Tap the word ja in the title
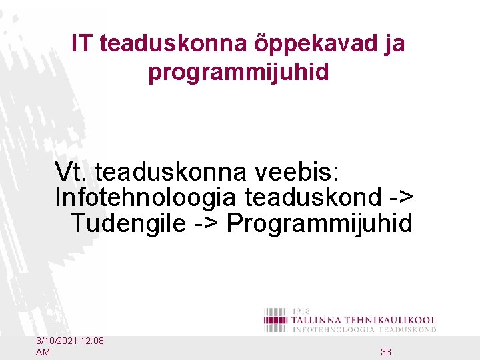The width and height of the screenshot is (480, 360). click(x=393, y=45)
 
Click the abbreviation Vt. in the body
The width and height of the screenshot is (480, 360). click(x=72, y=172)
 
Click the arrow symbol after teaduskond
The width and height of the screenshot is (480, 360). click(x=401, y=197)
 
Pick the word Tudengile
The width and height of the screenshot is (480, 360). click(x=127, y=223)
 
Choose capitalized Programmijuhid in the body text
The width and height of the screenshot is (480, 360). click(x=319, y=223)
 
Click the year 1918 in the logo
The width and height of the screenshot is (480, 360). click(x=302, y=311)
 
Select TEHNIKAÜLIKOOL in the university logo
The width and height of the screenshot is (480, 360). click(x=393, y=321)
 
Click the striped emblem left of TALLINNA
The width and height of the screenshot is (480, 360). click(x=276, y=320)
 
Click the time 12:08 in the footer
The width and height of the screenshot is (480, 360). click(x=92, y=341)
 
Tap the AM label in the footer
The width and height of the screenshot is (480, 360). click(x=43, y=352)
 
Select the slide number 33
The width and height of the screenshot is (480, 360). click(x=385, y=352)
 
